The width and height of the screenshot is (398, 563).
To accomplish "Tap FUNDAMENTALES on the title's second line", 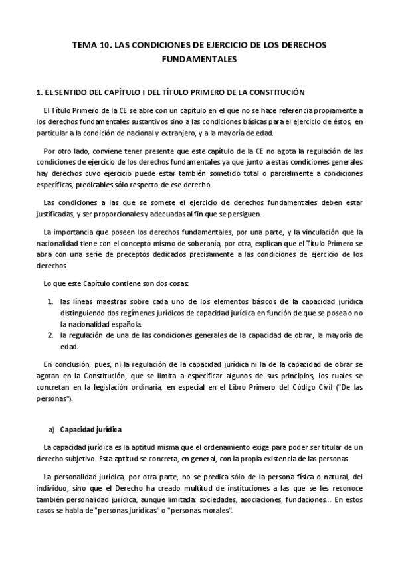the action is point(199,60).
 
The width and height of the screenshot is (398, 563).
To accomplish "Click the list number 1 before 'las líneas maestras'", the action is point(50,301).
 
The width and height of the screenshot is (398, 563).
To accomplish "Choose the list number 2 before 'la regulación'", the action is point(50,335).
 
